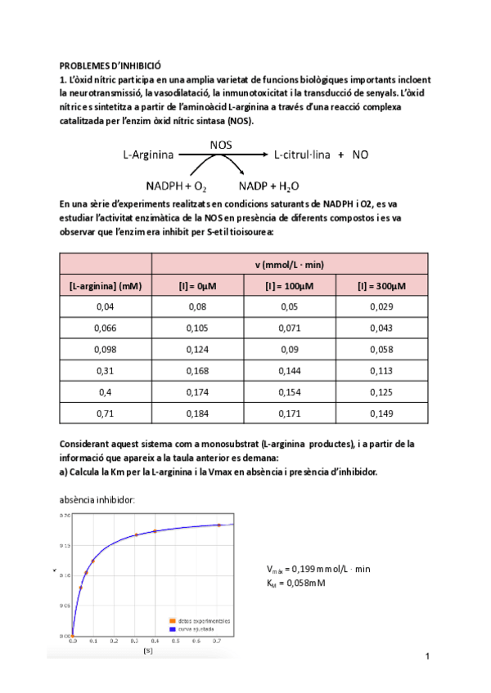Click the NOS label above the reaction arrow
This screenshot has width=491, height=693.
(x=220, y=144)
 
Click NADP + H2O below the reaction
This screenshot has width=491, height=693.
(x=268, y=186)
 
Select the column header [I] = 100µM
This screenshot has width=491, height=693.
(x=290, y=285)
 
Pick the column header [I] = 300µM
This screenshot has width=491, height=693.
(x=382, y=285)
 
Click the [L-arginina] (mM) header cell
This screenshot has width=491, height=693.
(x=106, y=285)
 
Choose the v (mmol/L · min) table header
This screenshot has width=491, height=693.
(x=290, y=264)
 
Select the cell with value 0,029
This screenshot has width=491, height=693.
(x=382, y=306)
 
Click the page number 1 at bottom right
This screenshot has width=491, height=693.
(x=427, y=657)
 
